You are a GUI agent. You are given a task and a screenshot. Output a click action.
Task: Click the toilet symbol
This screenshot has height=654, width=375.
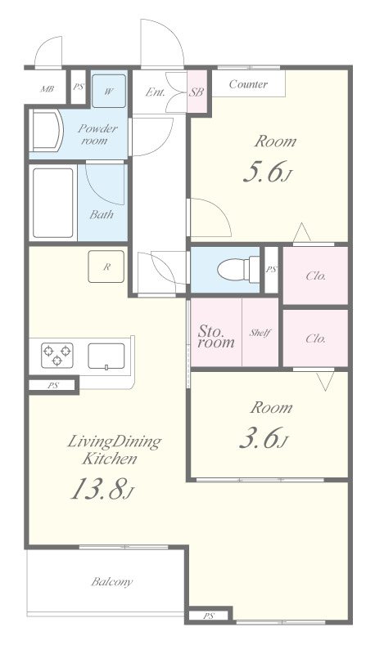point(238,270)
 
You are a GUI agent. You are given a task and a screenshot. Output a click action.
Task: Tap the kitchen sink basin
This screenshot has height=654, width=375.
point(106,356)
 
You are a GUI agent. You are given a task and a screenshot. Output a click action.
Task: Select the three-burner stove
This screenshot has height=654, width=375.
point(57,355)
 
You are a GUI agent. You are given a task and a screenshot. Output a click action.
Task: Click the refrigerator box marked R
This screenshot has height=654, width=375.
point(106,267)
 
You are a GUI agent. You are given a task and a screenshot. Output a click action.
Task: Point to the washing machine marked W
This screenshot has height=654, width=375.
point(109,91)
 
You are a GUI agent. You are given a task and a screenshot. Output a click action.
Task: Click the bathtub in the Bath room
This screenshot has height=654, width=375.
point(53,203)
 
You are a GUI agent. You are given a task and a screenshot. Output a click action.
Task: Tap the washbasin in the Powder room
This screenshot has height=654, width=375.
point(47,131)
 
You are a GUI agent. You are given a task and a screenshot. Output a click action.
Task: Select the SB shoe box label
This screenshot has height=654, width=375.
point(197,92)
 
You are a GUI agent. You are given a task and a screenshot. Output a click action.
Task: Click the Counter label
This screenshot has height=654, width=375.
point(248,84)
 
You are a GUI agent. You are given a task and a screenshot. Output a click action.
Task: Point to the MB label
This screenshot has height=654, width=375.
point(47,89)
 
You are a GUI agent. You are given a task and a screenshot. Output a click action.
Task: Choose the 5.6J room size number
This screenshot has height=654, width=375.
point(266,172)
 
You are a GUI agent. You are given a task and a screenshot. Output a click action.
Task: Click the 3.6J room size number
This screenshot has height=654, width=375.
point(264,437)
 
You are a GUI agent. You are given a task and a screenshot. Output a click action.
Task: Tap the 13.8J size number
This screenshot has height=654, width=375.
point(102,488)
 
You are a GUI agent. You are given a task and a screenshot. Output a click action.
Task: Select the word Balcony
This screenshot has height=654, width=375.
point(112,581)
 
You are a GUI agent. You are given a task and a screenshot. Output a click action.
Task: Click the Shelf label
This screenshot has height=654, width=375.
point(260,333)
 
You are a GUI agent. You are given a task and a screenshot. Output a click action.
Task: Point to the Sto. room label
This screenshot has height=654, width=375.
point(216,337)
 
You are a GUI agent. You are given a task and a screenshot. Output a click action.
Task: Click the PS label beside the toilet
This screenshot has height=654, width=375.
point(271,270)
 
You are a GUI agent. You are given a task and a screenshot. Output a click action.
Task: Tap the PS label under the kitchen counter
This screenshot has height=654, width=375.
point(52,386)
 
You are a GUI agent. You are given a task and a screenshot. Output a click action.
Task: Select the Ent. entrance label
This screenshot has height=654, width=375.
point(156,92)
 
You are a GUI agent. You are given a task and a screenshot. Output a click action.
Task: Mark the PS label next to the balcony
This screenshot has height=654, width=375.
point(208,616)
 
